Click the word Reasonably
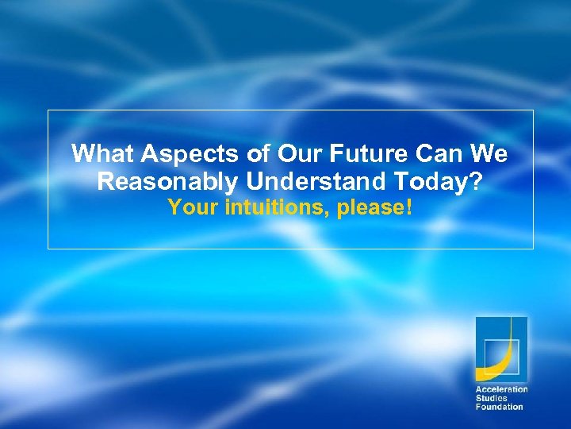pos(167,182)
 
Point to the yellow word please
pos(370,210)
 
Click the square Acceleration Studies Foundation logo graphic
pos(500,349)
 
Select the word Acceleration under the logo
pos(501,389)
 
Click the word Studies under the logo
pos(491,398)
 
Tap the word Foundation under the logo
pos(499,407)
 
